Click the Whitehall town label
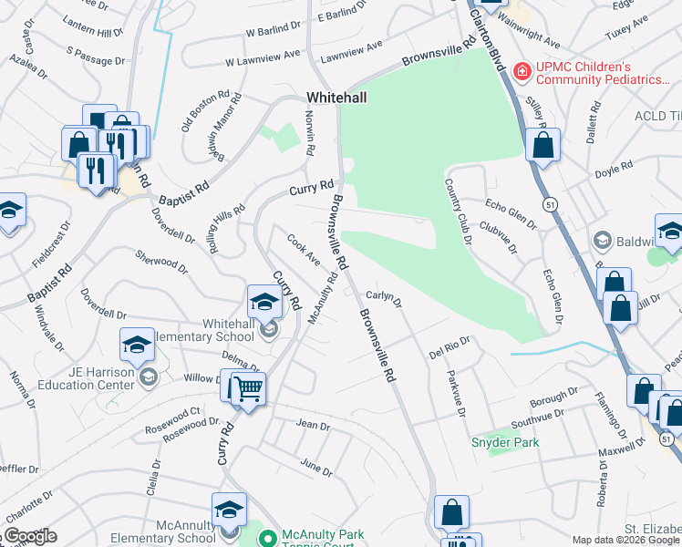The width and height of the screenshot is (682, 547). (x=336, y=96)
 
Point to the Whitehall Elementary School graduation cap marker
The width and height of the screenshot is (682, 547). (x=264, y=301)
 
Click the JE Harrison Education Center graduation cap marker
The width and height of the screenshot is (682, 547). (x=137, y=345)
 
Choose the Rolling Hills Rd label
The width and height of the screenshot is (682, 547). (x=229, y=228)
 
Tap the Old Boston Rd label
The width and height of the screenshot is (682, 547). (x=198, y=111)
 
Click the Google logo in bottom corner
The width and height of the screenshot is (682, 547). (x=30, y=536)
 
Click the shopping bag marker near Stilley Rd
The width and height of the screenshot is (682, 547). (x=542, y=145)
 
